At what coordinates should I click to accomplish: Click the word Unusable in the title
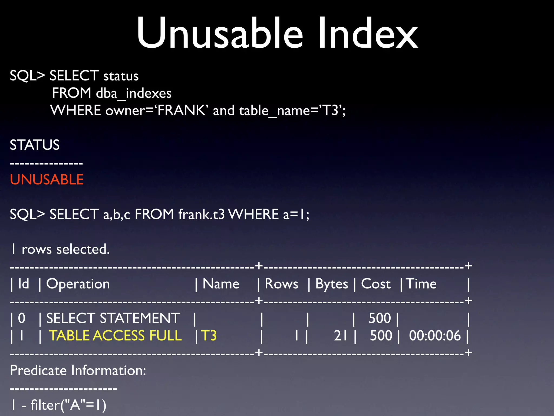point(220,33)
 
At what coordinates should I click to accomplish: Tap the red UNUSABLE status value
point(47,180)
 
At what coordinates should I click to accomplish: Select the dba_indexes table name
point(134,93)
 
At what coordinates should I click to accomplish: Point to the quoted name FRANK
point(181,110)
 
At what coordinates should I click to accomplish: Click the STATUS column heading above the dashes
point(35,145)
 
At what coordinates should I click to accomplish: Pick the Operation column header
point(78,284)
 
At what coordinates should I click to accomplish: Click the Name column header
point(221,284)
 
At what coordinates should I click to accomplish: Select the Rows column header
point(281,284)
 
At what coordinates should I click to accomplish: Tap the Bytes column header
point(332,284)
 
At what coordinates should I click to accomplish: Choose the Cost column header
point(376,284)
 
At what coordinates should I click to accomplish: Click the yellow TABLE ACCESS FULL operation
point(115,336)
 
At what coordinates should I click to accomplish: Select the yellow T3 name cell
point(209,336)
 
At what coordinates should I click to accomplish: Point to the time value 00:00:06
point(435,336)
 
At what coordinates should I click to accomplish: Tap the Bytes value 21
point(341,336)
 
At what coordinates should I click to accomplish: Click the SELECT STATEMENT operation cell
point(113,318)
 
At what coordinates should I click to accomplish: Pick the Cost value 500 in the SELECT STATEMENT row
point(380,318)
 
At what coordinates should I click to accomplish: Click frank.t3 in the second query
point(202,214)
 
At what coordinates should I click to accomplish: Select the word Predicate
point(39,370)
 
